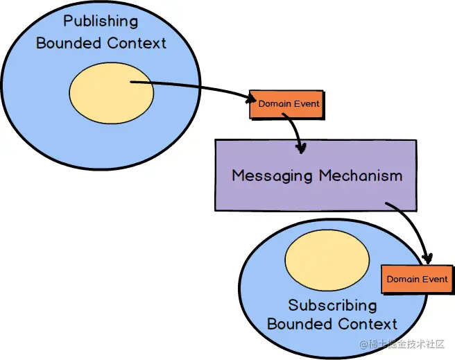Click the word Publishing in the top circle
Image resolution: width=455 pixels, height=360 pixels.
tap(101, 22)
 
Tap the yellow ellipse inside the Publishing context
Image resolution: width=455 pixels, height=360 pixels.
tap(112, 90)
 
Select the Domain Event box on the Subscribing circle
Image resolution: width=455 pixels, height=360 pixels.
tap(416, 279)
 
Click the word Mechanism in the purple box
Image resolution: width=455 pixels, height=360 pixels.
tap(360, 175)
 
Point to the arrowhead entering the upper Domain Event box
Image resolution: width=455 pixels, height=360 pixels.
tap(250, 98)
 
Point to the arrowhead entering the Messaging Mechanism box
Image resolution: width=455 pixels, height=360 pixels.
tap(301, 147)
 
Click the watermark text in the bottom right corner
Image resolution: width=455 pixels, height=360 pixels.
tap(403, 344)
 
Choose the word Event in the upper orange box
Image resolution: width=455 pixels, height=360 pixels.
tap(307, 104)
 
